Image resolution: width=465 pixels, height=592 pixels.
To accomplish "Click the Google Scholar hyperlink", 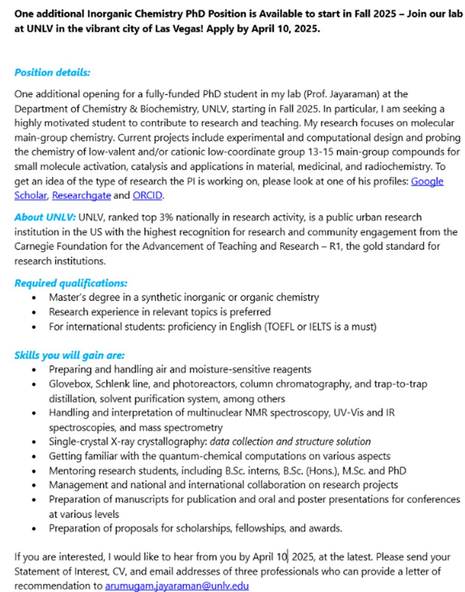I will (427, 181).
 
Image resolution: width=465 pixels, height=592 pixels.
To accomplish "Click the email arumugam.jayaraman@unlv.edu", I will (177, 586).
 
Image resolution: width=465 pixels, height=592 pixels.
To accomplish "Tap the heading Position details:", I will (52, 73).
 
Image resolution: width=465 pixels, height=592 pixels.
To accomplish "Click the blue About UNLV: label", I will (45, 218).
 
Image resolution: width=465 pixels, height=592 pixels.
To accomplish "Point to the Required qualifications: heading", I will (71, 283).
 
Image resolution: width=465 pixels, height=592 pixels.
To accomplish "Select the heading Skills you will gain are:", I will (69, 355).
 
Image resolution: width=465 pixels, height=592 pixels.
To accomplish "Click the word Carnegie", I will (33, 246).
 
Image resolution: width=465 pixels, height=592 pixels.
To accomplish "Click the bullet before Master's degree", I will (33, 297).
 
